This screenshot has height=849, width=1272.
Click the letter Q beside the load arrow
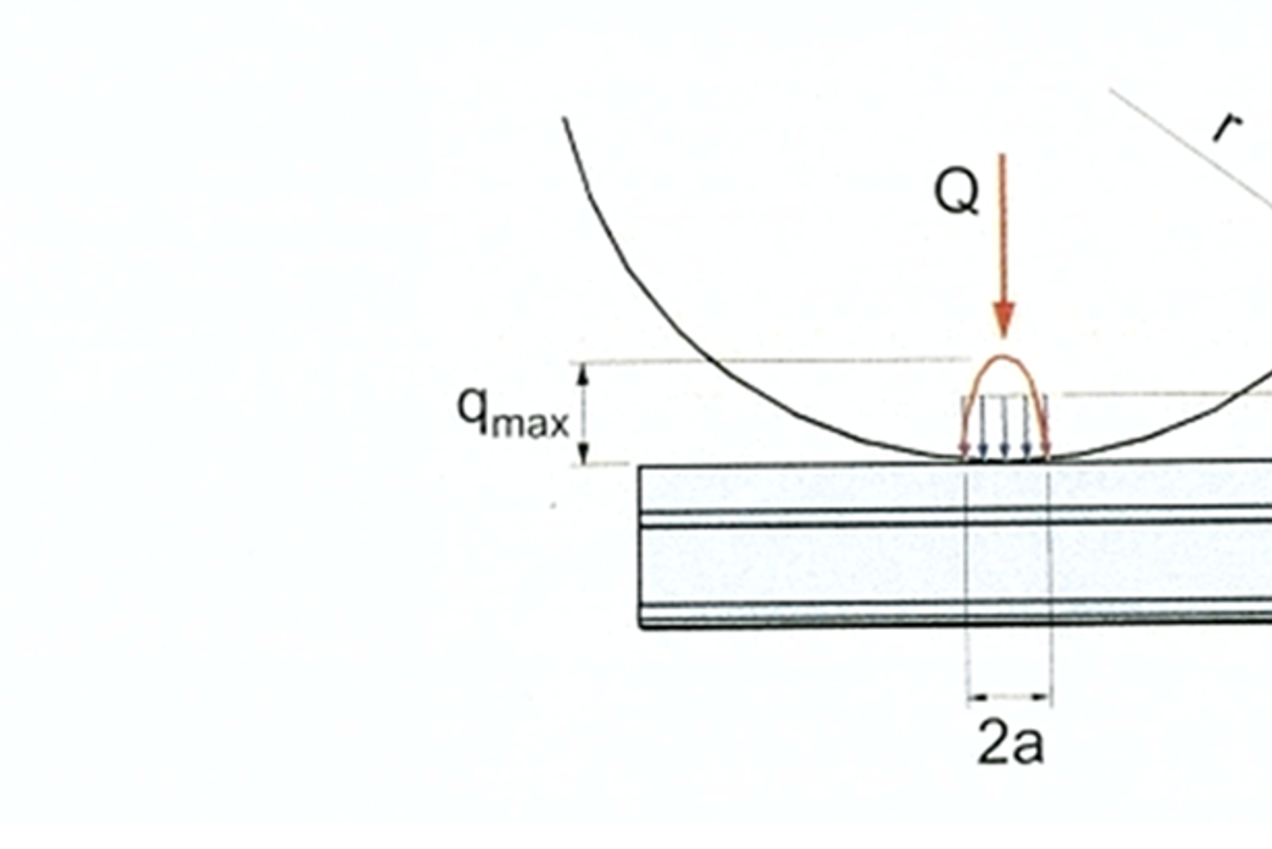tap(956, 193)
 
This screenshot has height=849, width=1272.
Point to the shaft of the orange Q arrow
tap(1002, 228)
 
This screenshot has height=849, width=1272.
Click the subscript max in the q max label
tap(530, 424)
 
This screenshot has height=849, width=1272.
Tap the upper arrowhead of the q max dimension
tap(582, 375)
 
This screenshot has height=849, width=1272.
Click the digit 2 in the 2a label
tap(992, 742)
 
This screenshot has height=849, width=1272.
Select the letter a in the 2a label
tap(1027, 746)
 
